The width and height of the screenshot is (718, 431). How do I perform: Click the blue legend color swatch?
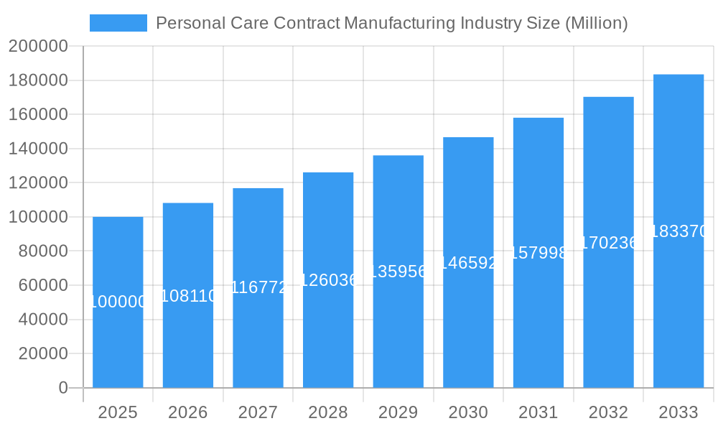(118, 23)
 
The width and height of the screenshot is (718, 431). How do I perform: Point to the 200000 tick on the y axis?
(38, 47)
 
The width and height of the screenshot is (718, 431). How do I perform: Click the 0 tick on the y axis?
(63, 388)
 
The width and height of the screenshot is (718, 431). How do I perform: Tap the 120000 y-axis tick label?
(38, 183)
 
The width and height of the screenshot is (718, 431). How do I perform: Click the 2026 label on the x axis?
(188, 412)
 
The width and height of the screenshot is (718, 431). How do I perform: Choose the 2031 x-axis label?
(538, 412)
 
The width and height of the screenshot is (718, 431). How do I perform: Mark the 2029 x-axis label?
(398, 412)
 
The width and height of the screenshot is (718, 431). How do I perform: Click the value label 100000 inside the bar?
(118, 302)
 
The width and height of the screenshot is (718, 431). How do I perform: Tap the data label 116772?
(258, 287)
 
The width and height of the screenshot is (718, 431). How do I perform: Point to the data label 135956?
(398, 272)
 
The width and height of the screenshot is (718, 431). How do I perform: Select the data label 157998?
(538, 253)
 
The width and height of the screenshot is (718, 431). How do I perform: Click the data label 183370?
(679, 231)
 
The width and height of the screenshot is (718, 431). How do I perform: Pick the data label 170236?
(608, 243)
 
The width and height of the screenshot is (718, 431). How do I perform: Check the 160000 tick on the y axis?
(38, 115)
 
